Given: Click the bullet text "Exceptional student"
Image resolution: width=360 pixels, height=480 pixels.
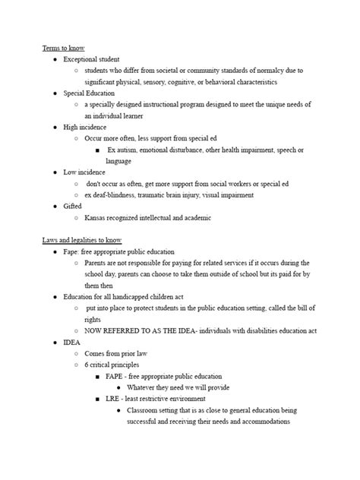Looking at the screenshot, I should (x=91, y=59).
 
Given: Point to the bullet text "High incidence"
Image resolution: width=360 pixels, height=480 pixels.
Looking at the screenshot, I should (x=84, y=127).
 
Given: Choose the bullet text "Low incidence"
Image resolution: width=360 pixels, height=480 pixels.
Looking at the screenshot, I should (x=84, y=172).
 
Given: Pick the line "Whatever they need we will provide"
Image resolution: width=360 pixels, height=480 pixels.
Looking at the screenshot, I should (x=180, y=387).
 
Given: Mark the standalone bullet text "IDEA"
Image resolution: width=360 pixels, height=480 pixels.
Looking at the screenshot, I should (x=72, y=343).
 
